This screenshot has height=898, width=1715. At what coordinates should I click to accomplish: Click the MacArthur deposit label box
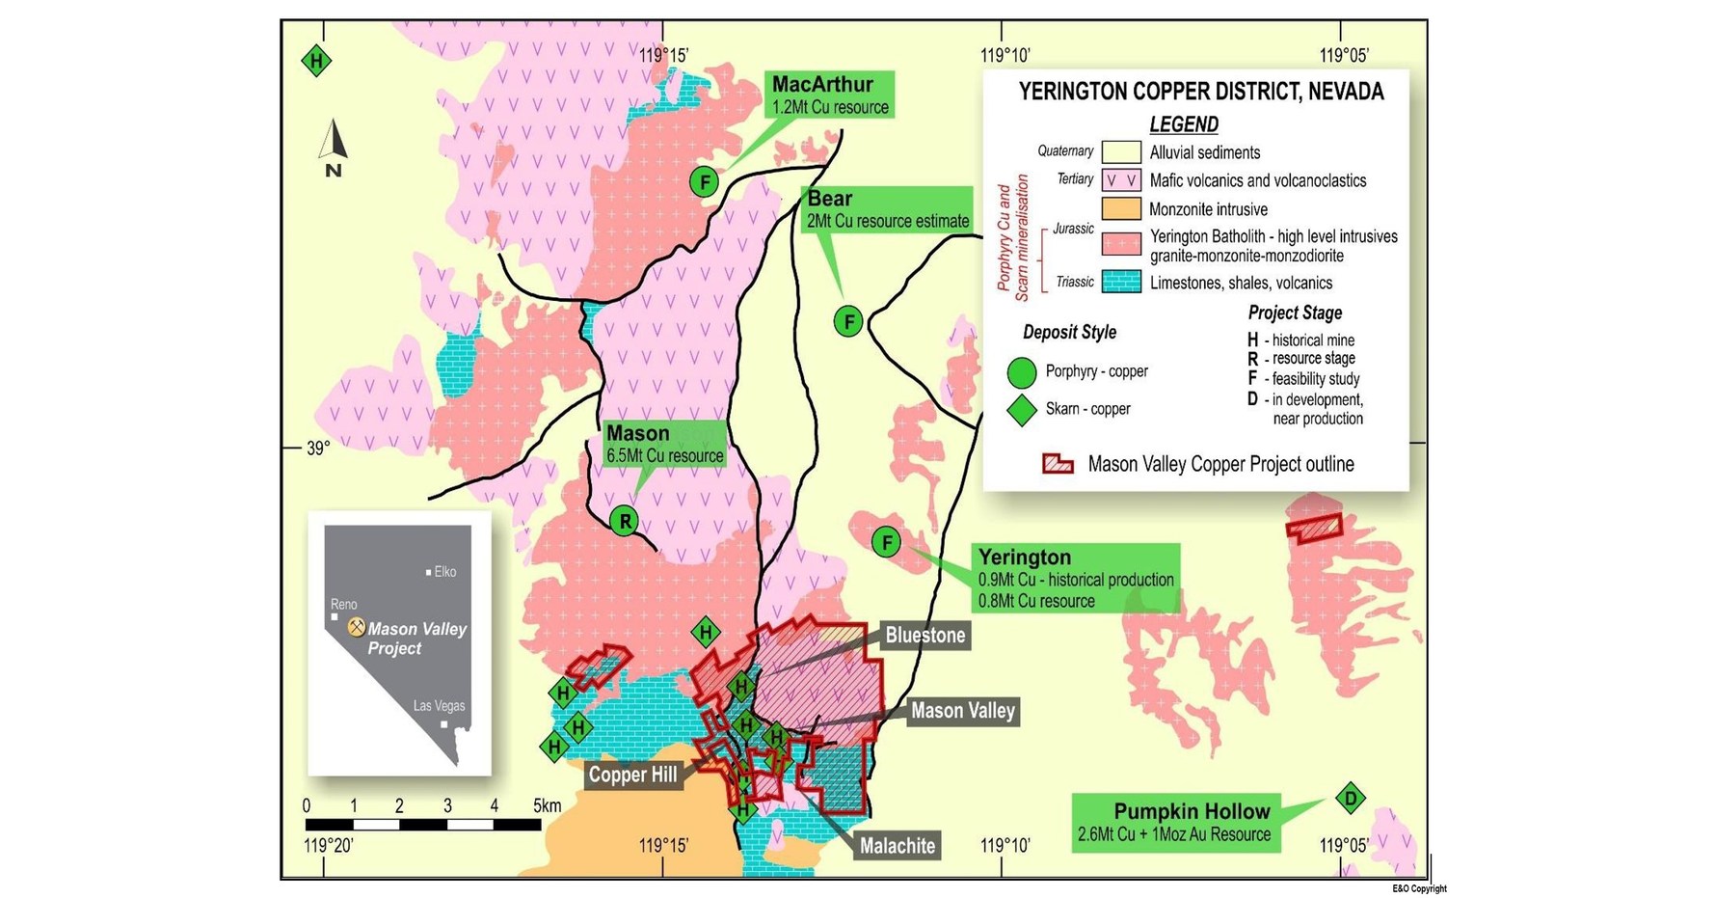pyautogui.click(x=830, y=95)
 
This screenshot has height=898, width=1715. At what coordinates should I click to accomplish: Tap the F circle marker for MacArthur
pyautogui.click(x=705, y=181)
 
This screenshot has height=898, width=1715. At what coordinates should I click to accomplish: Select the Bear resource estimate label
pyautogui.click(x=887, y=209)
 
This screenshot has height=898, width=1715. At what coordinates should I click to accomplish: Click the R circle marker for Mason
pyautogui.click(x=625, y=522)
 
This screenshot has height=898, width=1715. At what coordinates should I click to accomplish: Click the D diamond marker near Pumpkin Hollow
pyautogui.click(x=1351, y=798)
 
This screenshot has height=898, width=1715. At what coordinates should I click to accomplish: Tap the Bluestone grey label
pyautogui.click(x=924, y=636)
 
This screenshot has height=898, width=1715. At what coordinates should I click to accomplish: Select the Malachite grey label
pyautogui.click(x=897, y=846)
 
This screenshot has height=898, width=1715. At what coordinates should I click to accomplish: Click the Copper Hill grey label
pyautogui.click(x=632, y=775)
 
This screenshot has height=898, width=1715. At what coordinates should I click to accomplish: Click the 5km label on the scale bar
pyautogui.click(x=547, y=805)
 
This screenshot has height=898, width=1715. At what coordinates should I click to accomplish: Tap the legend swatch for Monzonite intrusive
pyautogui.click(x=1121, y=209)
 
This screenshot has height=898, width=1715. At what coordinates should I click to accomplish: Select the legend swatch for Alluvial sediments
pyautogui.click(x=1121, y=152)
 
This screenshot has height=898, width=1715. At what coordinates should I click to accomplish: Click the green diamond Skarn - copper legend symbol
pyautogui.click(x=1021, y=410)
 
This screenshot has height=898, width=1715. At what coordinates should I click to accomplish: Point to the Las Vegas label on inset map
pyautogui.click(x=439, y=706)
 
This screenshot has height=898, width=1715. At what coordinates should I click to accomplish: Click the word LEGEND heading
pyautogui.click(x=1183, y=124)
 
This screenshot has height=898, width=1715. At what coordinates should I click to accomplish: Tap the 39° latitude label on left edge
pyautogui.click(x=318, y=449)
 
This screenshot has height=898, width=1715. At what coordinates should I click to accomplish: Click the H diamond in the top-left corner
pyautogui.click(x=316, y=62)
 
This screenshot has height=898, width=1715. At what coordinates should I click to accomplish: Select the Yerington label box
pyautogui.click(x=1075, y=578)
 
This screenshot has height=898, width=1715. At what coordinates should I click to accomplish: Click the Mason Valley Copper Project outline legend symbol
pyautogui.click(x=1058, y=464)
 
